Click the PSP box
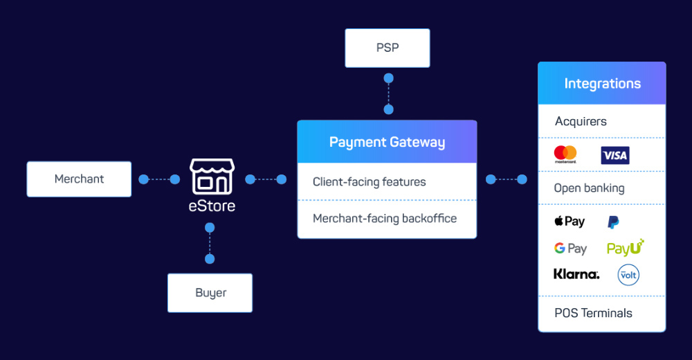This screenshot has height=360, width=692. pos(388,48)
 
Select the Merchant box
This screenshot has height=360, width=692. pos(79,179)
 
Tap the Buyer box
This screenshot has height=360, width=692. pos(210,293)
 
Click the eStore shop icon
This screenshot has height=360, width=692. pos(212,177)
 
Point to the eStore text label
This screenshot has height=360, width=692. pos(212,206)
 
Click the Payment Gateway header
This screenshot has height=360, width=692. pos(387,142)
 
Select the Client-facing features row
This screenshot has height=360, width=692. pos(369,182)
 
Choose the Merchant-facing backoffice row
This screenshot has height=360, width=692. pos(385,219)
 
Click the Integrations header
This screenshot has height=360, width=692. pos(602,84)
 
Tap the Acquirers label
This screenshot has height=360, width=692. pos(581,121)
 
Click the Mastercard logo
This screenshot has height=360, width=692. pos(565,154)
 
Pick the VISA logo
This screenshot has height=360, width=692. pos(614,155)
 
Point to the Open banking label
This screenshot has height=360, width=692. pos(589,188)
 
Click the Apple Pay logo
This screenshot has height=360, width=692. pos(570,222)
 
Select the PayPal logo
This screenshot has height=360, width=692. pos(613,222)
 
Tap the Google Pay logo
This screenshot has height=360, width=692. pos(570,249)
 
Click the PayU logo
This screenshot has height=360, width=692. pos(625,248)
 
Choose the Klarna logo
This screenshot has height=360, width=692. pos(576,274)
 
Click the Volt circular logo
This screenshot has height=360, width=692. pos(628,275)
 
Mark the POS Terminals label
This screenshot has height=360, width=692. pos(593,313)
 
